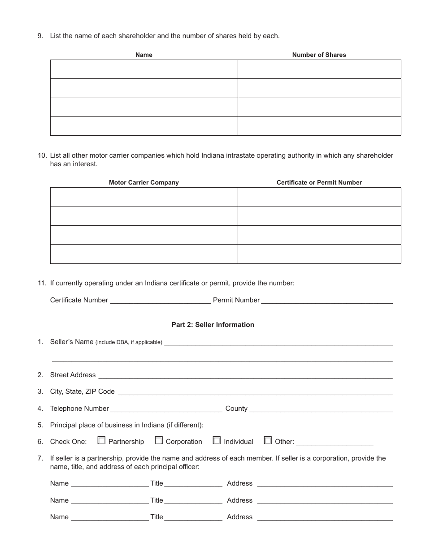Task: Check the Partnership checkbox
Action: click(101, 441)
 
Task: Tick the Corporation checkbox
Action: click(159, 441)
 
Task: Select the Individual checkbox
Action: click(217, 441)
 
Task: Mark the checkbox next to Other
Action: click(268, 441)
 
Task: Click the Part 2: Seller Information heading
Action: click(213, 325)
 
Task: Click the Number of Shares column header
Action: click(319, 55)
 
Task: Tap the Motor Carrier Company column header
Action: click(143, 182)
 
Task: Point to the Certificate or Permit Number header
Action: click(319, 182)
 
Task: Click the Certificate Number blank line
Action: click(160, 301)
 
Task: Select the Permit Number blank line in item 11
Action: click(327, 301)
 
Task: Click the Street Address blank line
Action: click(245, 376)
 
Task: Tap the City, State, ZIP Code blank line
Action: click(255, 392)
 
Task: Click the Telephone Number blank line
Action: click(166, 409)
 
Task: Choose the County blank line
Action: click(321, 409)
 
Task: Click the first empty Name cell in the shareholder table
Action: click(143, 69)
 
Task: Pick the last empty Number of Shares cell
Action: click(319, 126)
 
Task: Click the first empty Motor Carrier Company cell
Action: click(143, 197)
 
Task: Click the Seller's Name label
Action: click(72, 342)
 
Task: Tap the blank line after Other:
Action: click(335, 443)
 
